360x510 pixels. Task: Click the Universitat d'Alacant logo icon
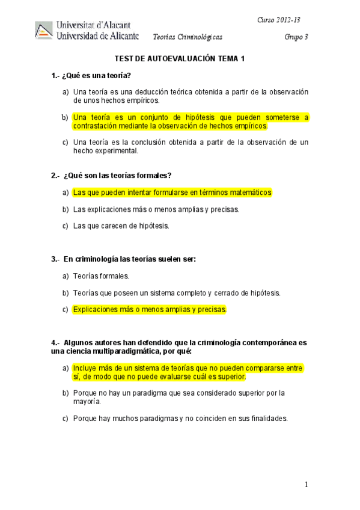(x=44, y=31)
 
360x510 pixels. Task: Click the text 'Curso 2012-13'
(x=279, y=20)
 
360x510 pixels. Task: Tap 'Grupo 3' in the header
(x=296, y=37)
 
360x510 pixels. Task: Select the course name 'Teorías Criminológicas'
(x=188, y=37)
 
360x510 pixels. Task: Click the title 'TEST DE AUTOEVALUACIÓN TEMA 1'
(x=180, y=58)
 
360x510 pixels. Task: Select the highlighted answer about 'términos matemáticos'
(x=172, y=192)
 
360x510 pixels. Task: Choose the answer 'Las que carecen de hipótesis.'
(x=121, y=226)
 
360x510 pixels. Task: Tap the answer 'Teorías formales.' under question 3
(x=101, y=276)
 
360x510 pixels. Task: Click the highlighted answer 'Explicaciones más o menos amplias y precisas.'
(x=150, y=310)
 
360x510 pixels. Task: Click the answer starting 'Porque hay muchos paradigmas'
(x=180, y=419)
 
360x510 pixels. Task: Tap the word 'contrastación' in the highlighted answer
(x=95, y=126)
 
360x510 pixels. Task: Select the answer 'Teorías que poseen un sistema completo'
(x=177, y=293)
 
